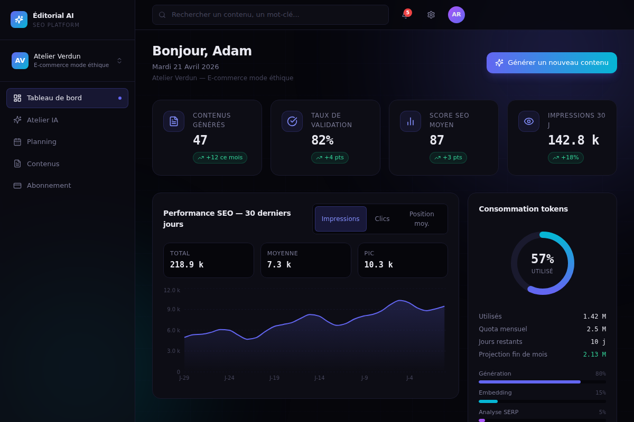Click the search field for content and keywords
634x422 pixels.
tap(271, 15)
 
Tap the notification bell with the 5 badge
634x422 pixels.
tap(405, 15)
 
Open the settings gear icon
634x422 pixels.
tap(431, 15)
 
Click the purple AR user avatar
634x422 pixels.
tap(456, 15)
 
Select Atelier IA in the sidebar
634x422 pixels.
tap(42, 120)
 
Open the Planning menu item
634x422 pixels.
tap(42, 141)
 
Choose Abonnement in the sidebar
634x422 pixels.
tap(49, 186)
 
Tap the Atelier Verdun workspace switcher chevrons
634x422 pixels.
tap(119, 61)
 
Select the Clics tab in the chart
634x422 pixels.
tap(382, 219)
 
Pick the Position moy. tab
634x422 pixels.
tap(422, 219)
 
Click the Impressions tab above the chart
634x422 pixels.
tap(340, 219)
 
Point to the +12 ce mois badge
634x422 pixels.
tap(220, 157)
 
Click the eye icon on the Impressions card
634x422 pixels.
tap(529, 121)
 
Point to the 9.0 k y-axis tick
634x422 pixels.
tap(173, 309)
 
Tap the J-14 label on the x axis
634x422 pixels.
tap(319, 378)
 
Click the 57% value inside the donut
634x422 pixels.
tap(542, 258)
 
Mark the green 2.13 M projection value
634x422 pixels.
tap(594, 354)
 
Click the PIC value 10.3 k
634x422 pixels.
tap(378, 265)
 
